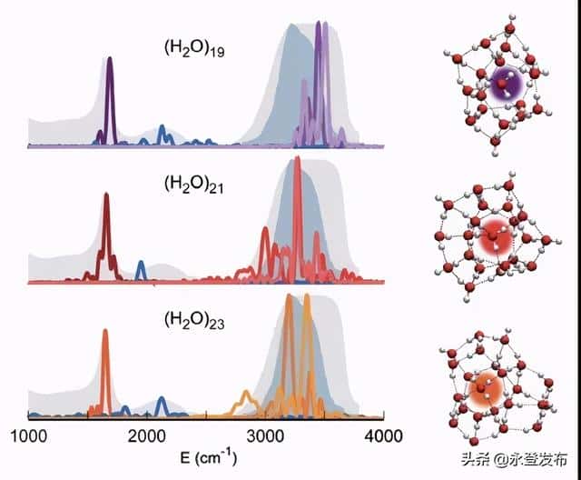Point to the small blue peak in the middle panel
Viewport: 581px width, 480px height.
(141, 269)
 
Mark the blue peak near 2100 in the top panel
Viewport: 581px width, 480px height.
(162, 134)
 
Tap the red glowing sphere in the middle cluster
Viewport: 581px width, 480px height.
(491, 237)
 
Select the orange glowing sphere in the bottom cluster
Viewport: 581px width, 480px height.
(481, 392)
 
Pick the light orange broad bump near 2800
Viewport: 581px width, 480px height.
(247, 396)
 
